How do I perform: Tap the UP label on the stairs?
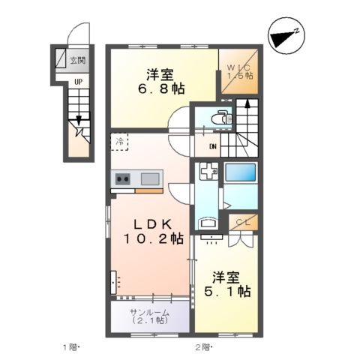click(77, 82)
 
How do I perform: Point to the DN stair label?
click(212, 146)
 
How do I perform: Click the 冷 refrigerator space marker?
click(119, 139)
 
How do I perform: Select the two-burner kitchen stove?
click(123, 178)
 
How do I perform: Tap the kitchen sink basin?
click(149, 178)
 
